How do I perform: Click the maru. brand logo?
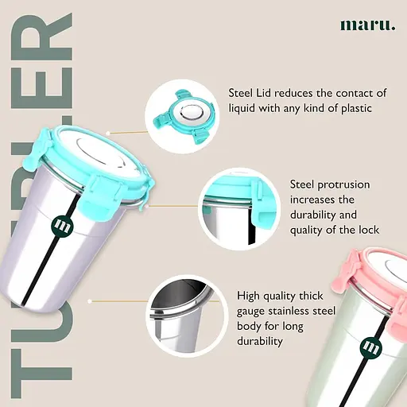click(x=368, y=25)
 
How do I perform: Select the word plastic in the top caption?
click(x=356, y=109)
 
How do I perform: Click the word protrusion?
click(x=343, y=185)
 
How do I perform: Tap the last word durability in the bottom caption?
click(x=260, y=341)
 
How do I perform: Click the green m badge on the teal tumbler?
click(x=62, y=226)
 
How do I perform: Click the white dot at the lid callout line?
click(x=108, y=134)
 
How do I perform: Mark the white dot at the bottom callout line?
click(x=90, y=301)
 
